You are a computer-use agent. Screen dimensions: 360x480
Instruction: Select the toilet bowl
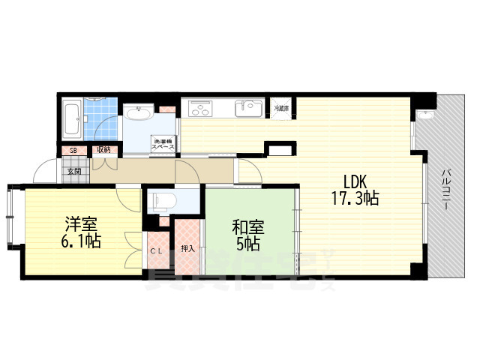(163, 200)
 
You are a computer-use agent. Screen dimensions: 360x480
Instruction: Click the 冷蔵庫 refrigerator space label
(281, 109)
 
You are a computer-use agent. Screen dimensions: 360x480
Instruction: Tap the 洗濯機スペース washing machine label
(164, 143)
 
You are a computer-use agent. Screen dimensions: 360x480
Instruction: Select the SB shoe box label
(73, 150)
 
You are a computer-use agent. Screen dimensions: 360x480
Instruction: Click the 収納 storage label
(103, 150)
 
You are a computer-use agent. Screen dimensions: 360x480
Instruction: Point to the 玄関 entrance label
(74, 172)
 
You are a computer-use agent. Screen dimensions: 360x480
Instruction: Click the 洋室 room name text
(80, 224)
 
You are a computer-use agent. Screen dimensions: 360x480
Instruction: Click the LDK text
(356, 181)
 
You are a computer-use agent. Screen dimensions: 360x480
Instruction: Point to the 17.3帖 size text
(355, 199)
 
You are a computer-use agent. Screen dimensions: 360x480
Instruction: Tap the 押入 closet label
(187, 248)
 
